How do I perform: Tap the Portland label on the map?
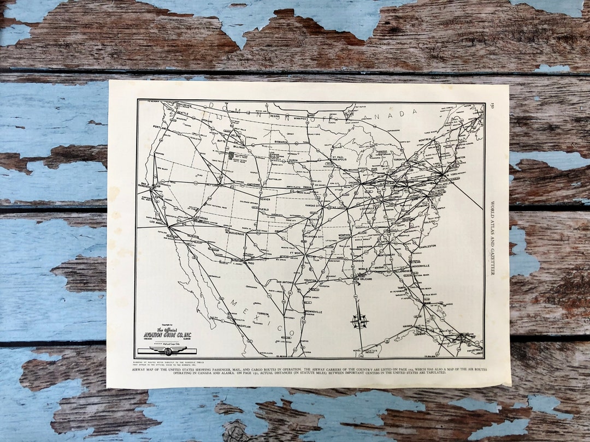(x=161, y=128)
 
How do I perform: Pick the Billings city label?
(x=239, y=147)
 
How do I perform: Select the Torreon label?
(x=263, y=314)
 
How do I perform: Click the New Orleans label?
(x=365, y=278)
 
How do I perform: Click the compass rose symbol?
(x=359, y=321)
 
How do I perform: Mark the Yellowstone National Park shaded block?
(x=231, y=156)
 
